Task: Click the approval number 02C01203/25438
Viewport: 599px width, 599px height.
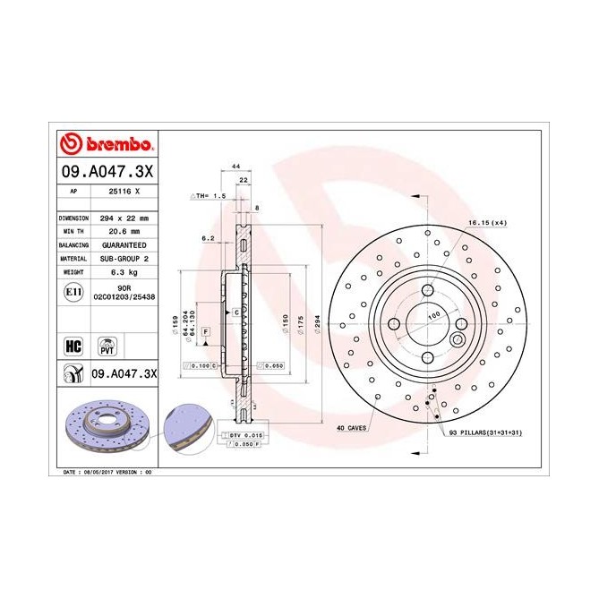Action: pos(124,296)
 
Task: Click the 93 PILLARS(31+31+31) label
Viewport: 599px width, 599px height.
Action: pos(483,432)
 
